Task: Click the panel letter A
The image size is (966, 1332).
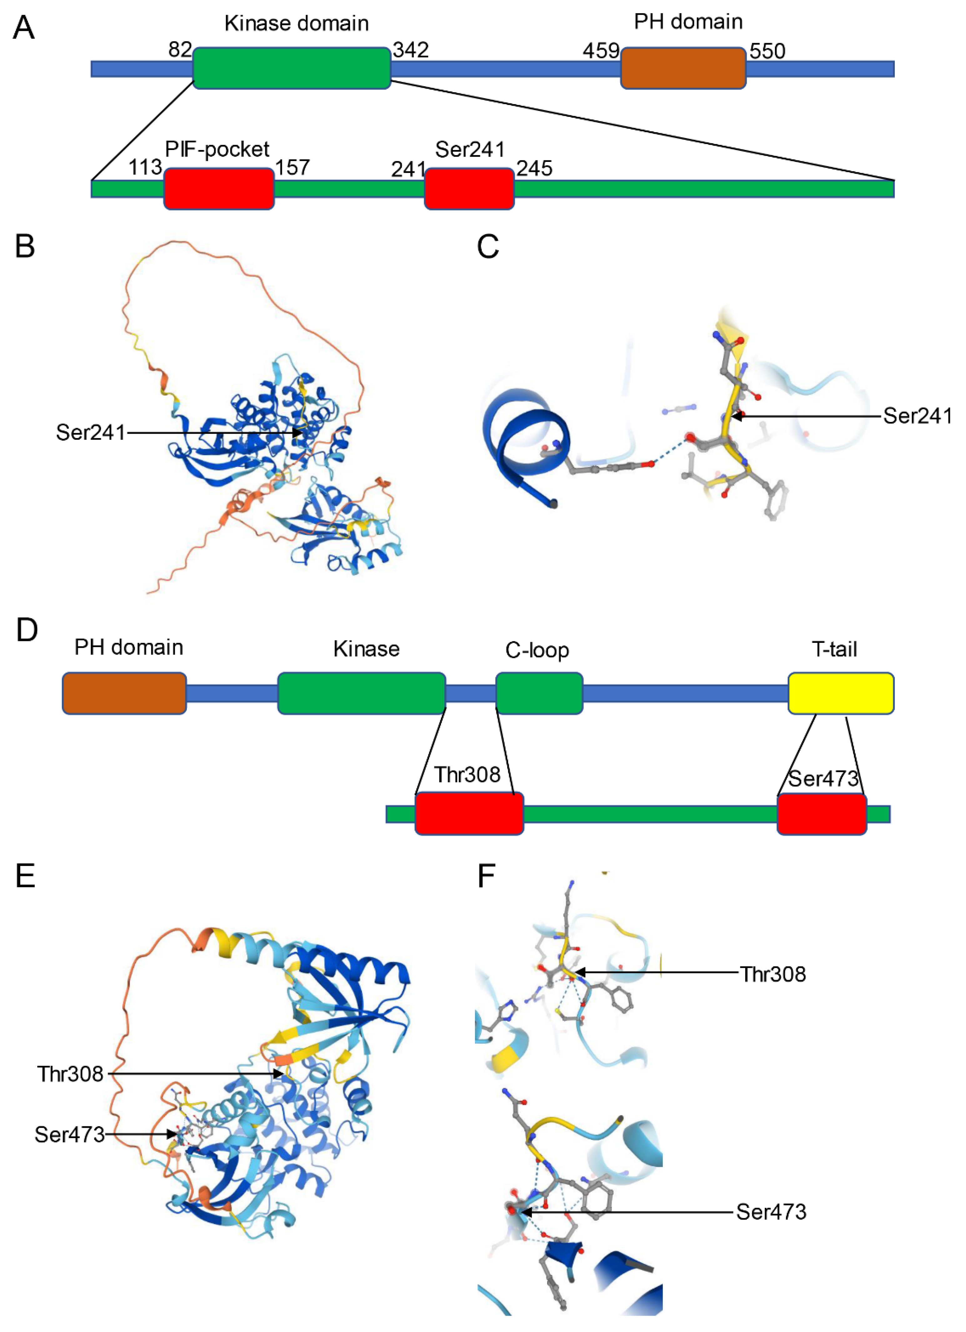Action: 23,28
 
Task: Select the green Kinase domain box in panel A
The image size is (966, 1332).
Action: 292,68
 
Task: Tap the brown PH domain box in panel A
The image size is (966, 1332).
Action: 683,68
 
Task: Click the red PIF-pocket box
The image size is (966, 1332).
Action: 218,188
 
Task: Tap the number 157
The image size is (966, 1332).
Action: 293,168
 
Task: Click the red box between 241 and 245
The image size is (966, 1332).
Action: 469,188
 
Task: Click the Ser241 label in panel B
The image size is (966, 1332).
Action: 90,433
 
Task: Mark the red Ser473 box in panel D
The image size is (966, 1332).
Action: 822,814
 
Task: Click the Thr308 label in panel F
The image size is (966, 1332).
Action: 772,974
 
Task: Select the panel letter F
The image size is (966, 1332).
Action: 487,876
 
